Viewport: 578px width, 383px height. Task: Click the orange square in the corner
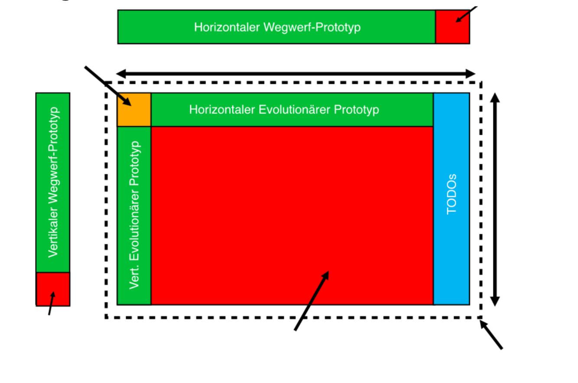point(134,110)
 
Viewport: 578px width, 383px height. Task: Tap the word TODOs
point(451,194)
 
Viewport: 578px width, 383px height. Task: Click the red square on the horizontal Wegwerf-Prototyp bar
point(452,27)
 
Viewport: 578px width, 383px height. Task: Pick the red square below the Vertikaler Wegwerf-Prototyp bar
point(53,289)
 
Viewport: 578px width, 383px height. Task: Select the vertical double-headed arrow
point(495,199)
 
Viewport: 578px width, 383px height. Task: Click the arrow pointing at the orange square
point(107,85)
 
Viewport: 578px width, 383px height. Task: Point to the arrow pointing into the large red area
point(312,300)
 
